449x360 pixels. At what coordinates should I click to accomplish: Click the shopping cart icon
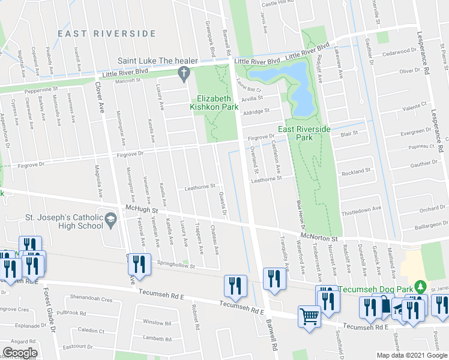[310, 316]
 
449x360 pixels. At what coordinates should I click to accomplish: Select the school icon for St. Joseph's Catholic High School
[110, 220]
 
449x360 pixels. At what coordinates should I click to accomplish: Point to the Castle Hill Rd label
[278, 3]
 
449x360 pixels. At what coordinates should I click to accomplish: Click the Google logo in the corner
[20, 352]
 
